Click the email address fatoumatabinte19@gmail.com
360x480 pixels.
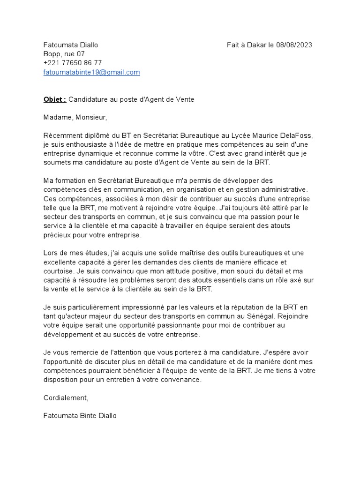[x=91, y=72]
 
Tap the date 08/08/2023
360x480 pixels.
[x=294, y=45]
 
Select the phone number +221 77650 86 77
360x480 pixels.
[x=73, y=63]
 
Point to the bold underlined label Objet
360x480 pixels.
[x=54, y=99]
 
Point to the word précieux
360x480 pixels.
[x=57, y=235]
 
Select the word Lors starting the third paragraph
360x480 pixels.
[x=51, y=253]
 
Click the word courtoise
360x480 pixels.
[x=58, y=271]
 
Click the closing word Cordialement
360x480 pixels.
[x=65, y=397]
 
